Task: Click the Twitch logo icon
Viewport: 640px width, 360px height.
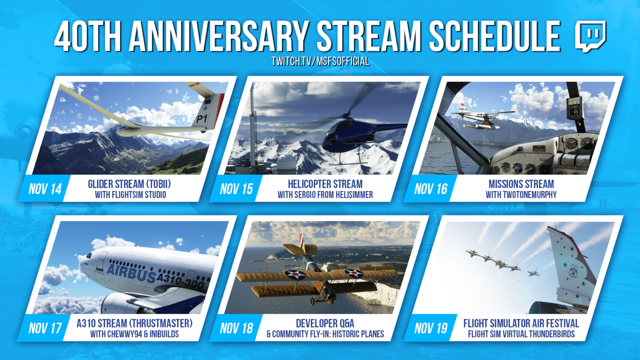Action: click(x=590, y=36)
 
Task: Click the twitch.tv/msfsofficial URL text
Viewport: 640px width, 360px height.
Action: click(x=320, y=61)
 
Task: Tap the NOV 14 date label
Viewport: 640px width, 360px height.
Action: click(x=45, y=189)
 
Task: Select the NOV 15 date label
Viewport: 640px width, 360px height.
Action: click(x=236, y=189)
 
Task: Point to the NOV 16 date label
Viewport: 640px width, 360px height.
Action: click(x=430, y=189)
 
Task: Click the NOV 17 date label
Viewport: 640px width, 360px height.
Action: click(x=45, y=328)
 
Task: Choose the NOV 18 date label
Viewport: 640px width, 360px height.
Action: click(x=236, y=328)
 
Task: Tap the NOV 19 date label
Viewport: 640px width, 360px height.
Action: click(x=430, y=328)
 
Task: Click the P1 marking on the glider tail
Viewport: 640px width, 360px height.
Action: click(x=202, y=119)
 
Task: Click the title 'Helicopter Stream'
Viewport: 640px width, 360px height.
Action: click(x=325, y=184)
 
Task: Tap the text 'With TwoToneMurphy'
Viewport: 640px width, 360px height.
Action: click(x=521, y=195)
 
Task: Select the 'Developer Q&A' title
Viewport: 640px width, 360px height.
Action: click(x=325, y=323)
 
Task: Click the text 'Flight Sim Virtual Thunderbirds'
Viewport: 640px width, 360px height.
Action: click(x=521, y=334)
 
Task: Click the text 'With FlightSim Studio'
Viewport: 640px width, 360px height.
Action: click(x=130, y=195)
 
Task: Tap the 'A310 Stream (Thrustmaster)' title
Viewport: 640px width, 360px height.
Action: click(x=134, y=323)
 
